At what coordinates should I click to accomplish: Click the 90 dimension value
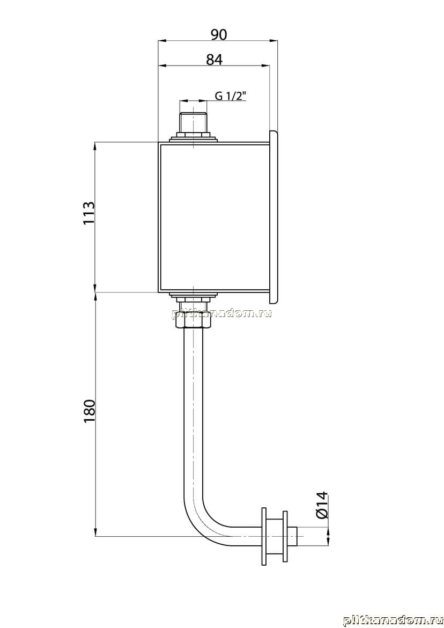pyautogui.click(x=218, y=35)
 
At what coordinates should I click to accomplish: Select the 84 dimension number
pyautogui.click(x=214, y=60)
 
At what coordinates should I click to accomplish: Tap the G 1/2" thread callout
pyautogui.click(x=231, y=96)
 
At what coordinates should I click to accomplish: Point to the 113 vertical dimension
pyautogui.click(x=89, y=213)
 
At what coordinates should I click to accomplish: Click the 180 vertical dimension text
pyautogui.click(x=89, y=411)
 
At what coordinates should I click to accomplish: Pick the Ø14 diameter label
pyautogui.click(x=321, y=505)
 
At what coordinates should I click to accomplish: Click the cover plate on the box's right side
pyautogui.click(x=274, y=217)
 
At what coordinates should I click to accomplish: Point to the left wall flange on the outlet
pyautogui.click(x=264, y=536)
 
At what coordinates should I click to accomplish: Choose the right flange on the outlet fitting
pyautogui.click(x=285, y=536)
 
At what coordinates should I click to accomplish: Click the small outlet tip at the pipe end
pyautogui.click(x=293, y=536)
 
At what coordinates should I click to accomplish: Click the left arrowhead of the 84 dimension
pyautogui.click(x=163, y=65)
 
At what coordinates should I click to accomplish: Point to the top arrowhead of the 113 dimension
pyautogui.click(x=95, y=147)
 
